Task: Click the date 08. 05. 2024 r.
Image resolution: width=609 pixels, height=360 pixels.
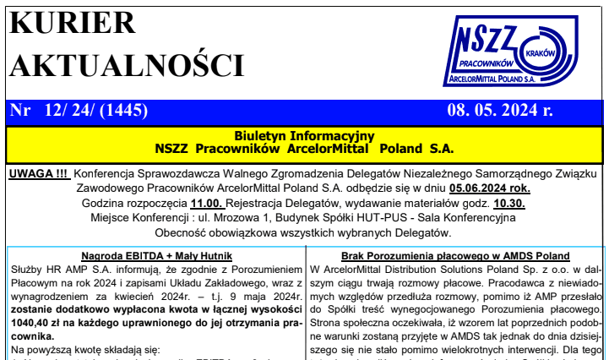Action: (x=500, y=111)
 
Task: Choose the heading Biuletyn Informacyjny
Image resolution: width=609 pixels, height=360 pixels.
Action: (x=304, y=135)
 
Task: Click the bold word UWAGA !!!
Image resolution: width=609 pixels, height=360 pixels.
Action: (x=38, y=175)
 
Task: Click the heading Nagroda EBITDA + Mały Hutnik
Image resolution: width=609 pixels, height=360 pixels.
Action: (x=156, y=255)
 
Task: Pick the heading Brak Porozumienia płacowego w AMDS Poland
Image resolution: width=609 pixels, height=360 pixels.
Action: (x=455, y=255)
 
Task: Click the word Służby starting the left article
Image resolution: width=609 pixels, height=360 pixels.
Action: (x=28, y=269)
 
